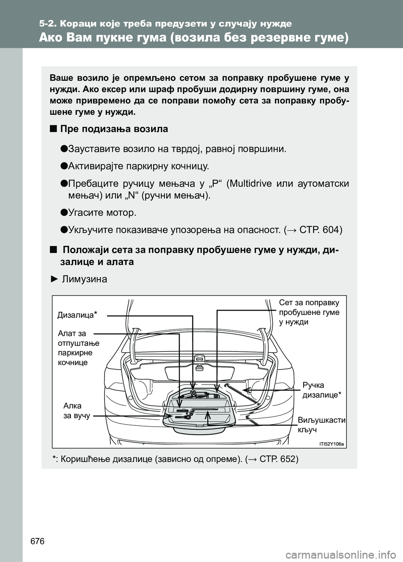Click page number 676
tap(37, 541)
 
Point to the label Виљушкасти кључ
tap(321, 425)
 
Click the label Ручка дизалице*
tap(322, 390)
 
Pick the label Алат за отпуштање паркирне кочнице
tap(78, 348)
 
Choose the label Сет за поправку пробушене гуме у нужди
tap(309, 312)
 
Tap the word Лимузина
tap(84, 279)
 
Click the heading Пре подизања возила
tap(114, 129)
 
